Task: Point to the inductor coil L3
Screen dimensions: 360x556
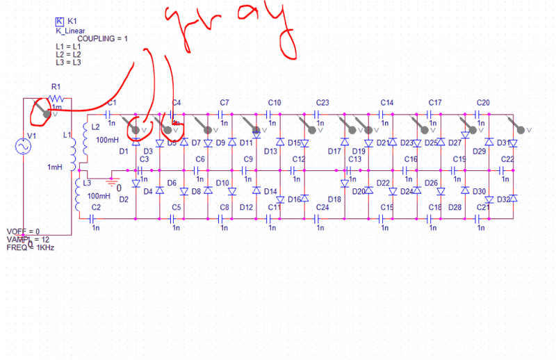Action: pyautogui.click(x=78, y=194)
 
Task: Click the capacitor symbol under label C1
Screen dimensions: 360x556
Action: pyautogui.click(x=109, y=112)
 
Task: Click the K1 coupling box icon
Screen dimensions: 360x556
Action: pyautogui.click(x=59, y=22)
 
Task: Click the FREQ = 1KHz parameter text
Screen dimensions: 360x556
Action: pyautogui.click(x=31, y=247)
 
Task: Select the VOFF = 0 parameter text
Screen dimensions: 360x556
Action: pyautogui.click(x=23, y=231)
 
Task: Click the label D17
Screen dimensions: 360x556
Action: pyautogui.click(x=334, y=151)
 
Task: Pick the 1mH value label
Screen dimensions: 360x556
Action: pyautogui.click(x=55, y=167)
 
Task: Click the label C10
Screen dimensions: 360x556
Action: pyautogui.click(x=275, y=102)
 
